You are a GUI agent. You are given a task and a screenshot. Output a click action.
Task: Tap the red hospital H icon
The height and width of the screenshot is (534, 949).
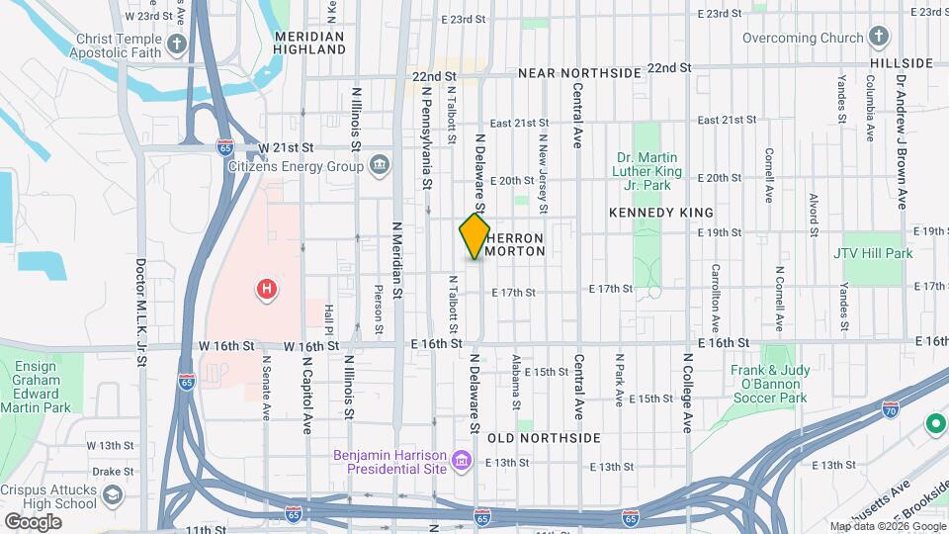[266, 290]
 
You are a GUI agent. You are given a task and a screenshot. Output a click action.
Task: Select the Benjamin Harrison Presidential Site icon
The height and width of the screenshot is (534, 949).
[460, 461]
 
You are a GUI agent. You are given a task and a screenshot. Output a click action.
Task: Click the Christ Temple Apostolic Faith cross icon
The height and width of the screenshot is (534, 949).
[176, 44]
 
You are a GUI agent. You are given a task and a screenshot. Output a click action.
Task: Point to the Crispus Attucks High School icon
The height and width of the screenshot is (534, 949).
[114, 492]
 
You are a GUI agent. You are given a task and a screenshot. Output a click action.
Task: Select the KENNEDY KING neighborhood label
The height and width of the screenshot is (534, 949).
[661, 213]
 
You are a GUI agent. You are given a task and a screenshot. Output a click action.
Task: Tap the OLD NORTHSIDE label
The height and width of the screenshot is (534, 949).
[544, 437]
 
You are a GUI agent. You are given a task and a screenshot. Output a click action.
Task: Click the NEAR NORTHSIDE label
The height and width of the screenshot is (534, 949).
[579, 74]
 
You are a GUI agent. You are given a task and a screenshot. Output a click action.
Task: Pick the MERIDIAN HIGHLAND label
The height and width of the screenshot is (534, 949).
[308, 42]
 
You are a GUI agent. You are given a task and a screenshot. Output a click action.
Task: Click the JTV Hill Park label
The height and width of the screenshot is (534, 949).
[873, 253]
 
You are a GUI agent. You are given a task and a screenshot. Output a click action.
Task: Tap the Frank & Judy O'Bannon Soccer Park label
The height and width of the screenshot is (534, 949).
[769, 385]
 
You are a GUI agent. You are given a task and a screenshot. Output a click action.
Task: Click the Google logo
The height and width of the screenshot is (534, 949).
[33, 520]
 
